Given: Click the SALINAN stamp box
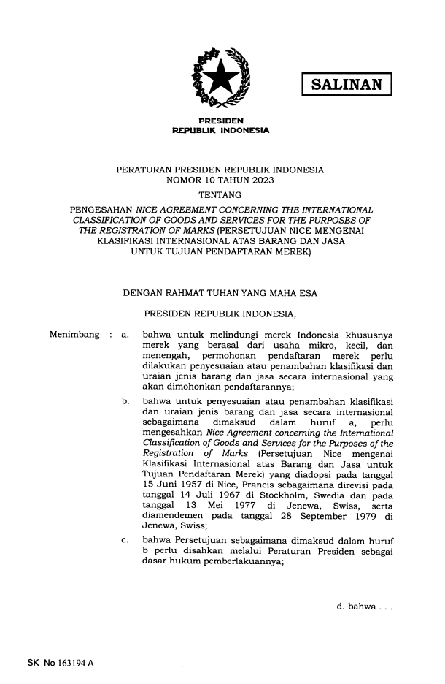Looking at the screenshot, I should click(x=347, y=84).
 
